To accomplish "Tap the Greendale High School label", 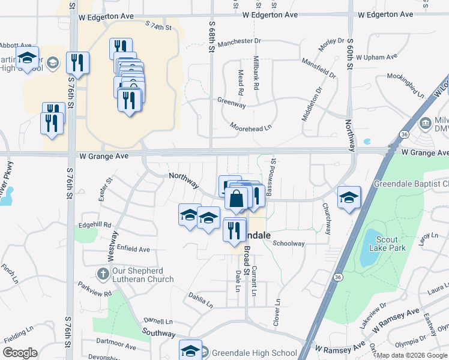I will point(254,353).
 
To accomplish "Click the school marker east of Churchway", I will point(349,198).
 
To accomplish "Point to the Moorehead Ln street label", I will point(251,127).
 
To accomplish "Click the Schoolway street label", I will point(289,244).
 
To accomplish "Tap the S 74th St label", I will point(158,27).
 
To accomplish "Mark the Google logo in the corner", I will point(20,352).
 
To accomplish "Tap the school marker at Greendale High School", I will point(191,349).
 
